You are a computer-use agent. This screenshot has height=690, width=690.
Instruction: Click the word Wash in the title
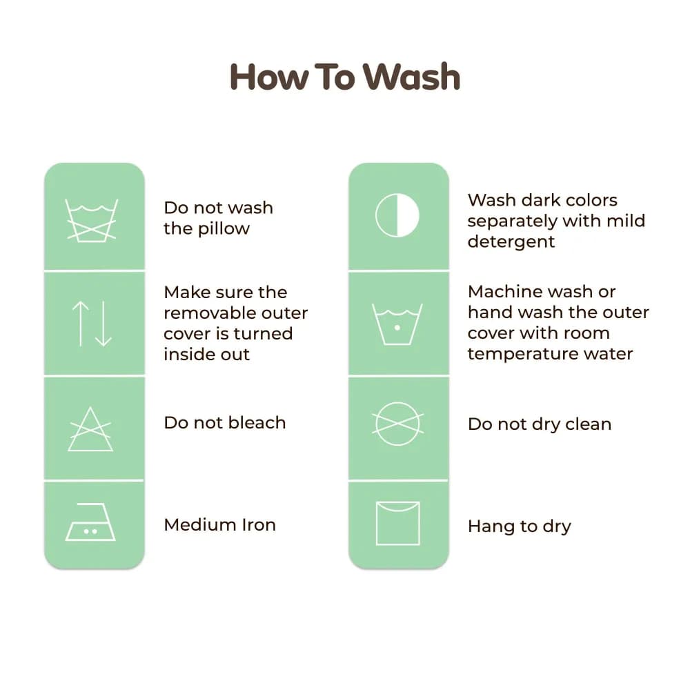412,77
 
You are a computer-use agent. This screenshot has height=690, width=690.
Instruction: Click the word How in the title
269,77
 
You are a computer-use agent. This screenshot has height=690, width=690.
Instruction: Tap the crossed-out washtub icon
92,220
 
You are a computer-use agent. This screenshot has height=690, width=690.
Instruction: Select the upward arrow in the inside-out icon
81,324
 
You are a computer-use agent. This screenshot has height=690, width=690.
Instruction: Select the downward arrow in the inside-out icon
103,324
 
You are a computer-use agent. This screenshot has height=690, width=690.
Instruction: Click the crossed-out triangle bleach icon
90,429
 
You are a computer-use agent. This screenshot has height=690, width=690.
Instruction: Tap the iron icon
90,522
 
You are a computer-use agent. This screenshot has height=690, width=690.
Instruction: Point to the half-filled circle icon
397,215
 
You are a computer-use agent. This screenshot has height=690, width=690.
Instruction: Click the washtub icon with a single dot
397,324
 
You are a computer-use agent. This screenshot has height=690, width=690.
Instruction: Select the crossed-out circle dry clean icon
398,424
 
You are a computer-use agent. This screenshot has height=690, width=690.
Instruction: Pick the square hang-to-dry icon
398,523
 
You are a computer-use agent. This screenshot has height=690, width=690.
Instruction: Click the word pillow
224,229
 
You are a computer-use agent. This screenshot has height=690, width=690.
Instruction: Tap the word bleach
257,422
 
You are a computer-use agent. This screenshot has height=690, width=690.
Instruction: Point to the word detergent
511,242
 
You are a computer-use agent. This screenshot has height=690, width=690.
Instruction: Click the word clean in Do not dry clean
588,424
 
